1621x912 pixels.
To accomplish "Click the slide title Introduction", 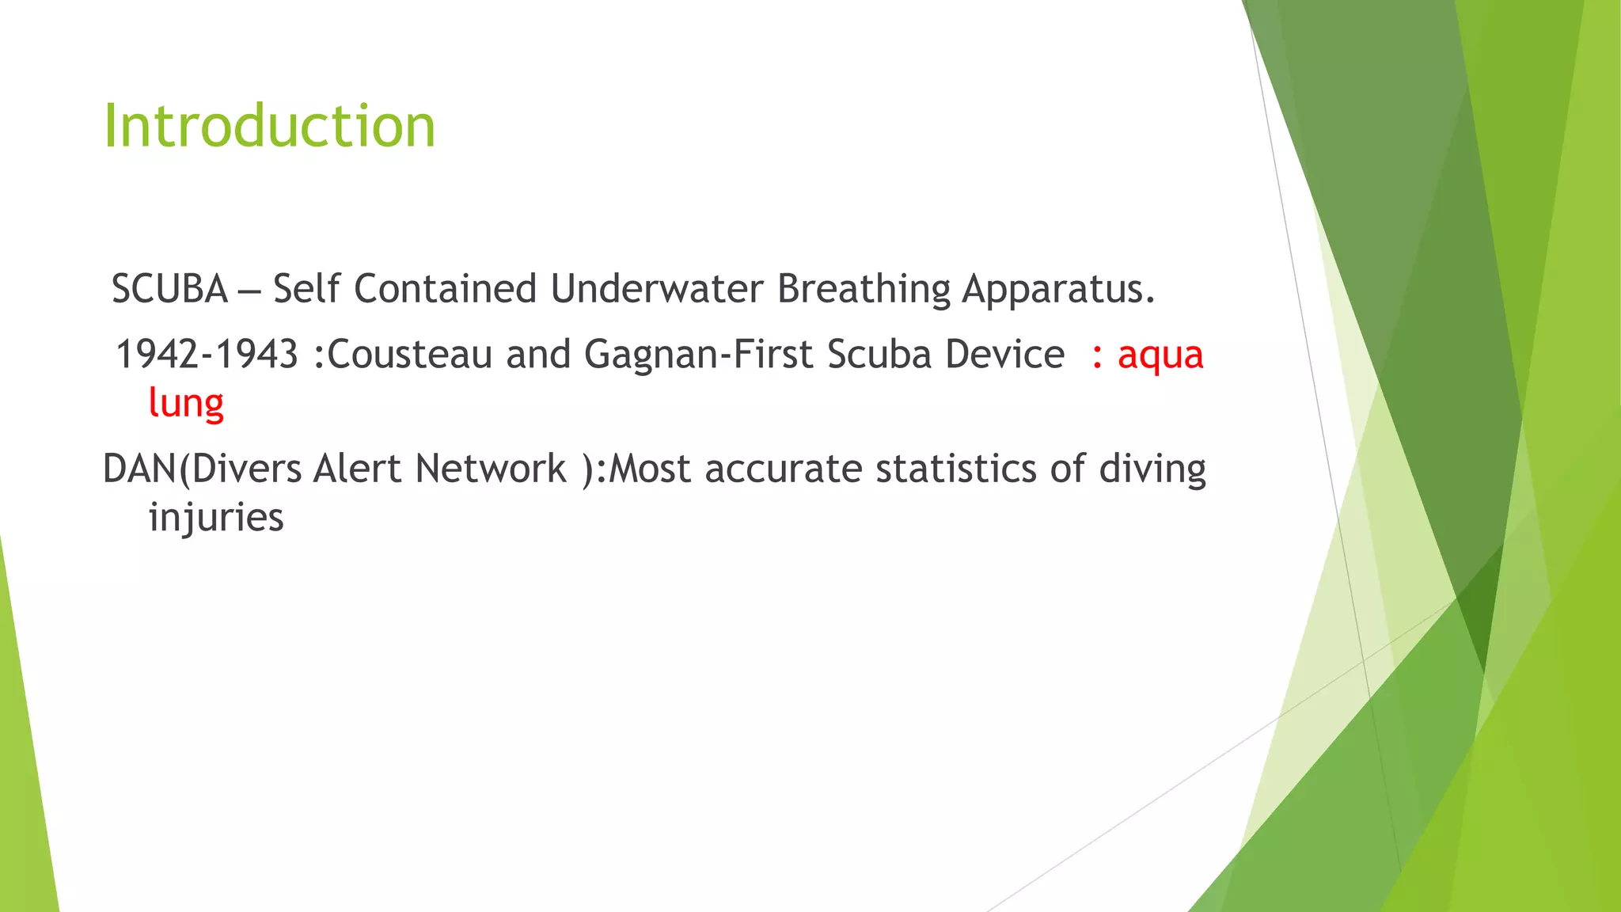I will [x=269, y=127].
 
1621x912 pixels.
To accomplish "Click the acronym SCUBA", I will [x=169, y=289].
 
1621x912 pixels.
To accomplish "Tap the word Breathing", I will [x=864, y=289].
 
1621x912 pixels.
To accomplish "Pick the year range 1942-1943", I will [x=207, y=354].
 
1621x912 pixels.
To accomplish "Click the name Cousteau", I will [x=409, y=354].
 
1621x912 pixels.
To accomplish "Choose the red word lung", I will [x=186, y=404].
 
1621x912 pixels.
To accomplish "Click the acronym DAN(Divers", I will [x=202, y=469].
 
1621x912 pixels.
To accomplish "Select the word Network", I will [x=491, y=469].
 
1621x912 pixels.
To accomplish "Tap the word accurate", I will [x=784, y=469].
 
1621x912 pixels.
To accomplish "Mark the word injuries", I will [x=216, y=519].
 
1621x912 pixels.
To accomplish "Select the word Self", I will [x=306, y=289].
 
